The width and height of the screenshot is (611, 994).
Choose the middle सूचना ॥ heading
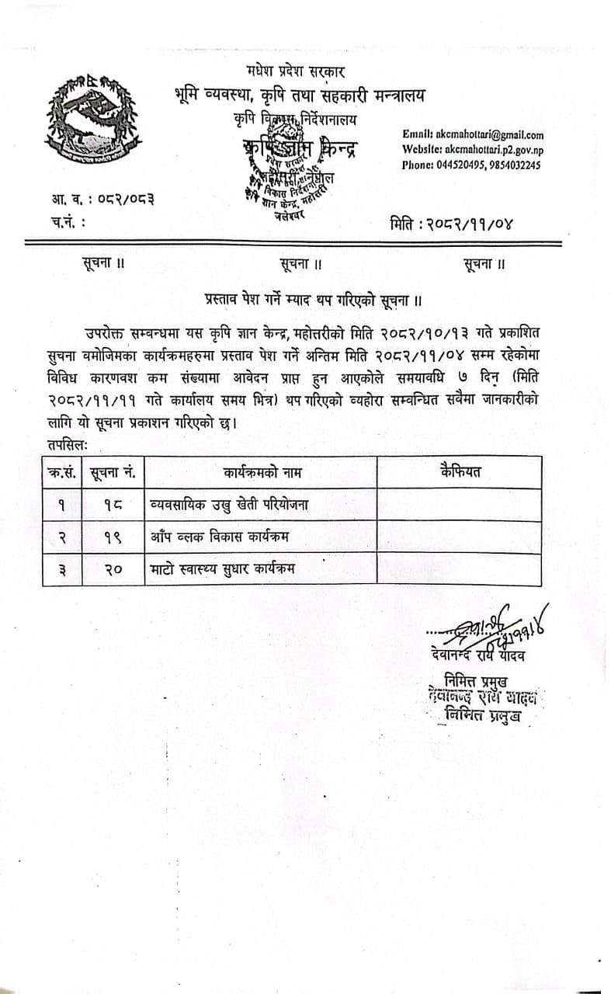[301, 264]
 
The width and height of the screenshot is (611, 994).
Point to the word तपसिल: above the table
[68, 446]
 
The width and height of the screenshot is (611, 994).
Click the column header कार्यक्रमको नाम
[262, 472]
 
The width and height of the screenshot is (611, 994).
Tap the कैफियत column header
[460, 471]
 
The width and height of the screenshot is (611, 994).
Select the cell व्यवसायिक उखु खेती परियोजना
[229, 505]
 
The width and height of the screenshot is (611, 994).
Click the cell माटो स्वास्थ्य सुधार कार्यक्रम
[223, 569]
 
